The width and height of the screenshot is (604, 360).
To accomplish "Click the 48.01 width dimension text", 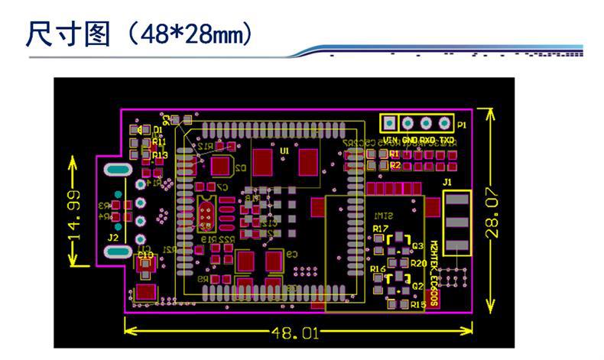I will click(293, 332).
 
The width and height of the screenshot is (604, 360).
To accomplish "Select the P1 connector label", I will click(462, 124).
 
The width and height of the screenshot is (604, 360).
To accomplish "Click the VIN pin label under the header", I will click(390, 141).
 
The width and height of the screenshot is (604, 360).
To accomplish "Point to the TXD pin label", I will click(447, 141).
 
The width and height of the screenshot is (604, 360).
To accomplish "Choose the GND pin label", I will click(410, 141).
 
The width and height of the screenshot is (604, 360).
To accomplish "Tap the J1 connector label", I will click(448, 182).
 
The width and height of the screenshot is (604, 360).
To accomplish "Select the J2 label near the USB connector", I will click(113, 238).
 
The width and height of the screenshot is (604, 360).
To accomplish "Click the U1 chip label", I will click(284, 151).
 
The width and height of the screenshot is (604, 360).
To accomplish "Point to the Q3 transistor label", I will click(417, 245).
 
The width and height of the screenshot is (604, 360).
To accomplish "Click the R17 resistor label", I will click(380, 229).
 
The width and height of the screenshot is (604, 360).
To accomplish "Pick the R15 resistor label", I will click(417, 305).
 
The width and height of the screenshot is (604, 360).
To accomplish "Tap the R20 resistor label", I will click(418, 263).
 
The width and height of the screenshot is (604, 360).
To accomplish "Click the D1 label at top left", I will click(158, 130).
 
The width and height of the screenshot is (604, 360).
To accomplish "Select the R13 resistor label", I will click(160, 155).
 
